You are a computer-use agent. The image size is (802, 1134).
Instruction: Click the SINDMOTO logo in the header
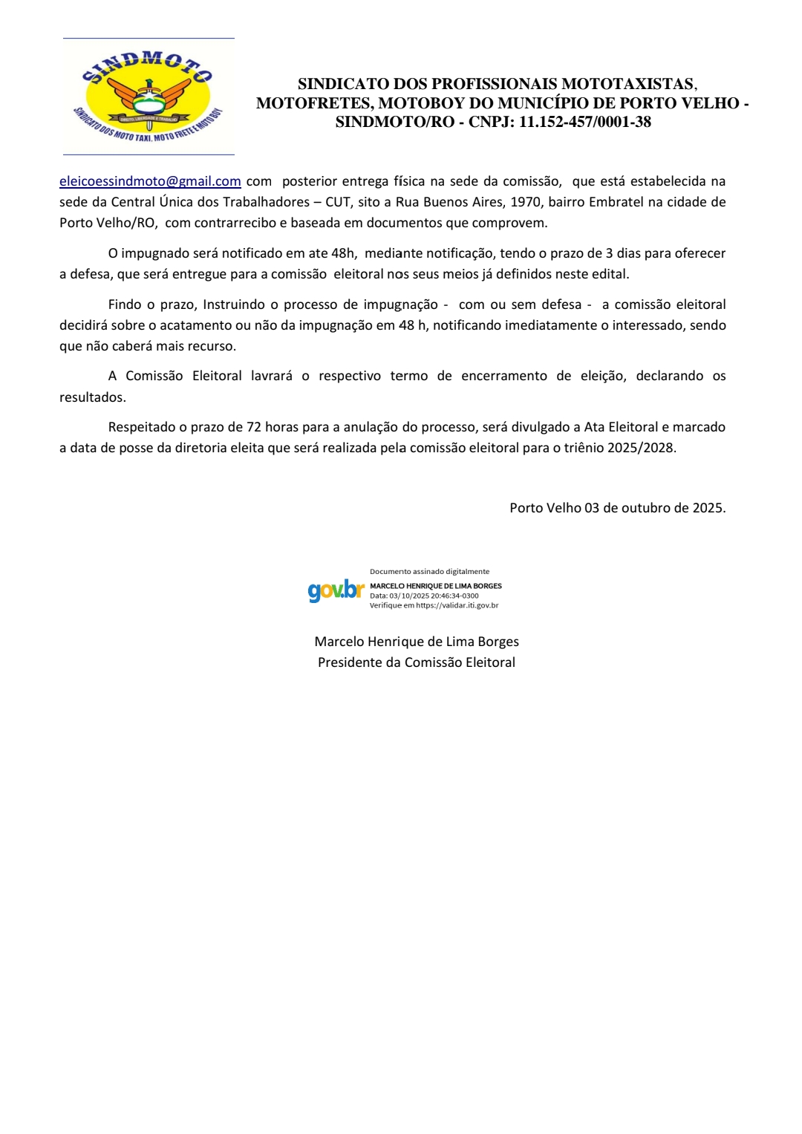(149, 97)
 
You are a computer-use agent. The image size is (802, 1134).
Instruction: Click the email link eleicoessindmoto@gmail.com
(150, 181)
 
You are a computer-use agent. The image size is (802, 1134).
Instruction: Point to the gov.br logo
(336, 590)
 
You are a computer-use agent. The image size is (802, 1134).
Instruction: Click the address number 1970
(525, 202)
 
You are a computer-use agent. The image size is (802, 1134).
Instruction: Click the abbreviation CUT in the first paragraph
(337, 202)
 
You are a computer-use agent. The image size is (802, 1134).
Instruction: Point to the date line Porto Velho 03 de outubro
(617, 508)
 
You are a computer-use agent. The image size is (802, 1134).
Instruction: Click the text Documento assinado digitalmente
(429, 572)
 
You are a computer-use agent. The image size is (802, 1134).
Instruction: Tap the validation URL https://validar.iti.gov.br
(457, 605)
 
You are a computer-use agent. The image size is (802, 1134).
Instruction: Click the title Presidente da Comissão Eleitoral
(416, 662)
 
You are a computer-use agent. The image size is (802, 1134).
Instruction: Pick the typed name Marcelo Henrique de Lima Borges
(416, 642)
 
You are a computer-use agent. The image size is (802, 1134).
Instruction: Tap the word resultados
(93, 397)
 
